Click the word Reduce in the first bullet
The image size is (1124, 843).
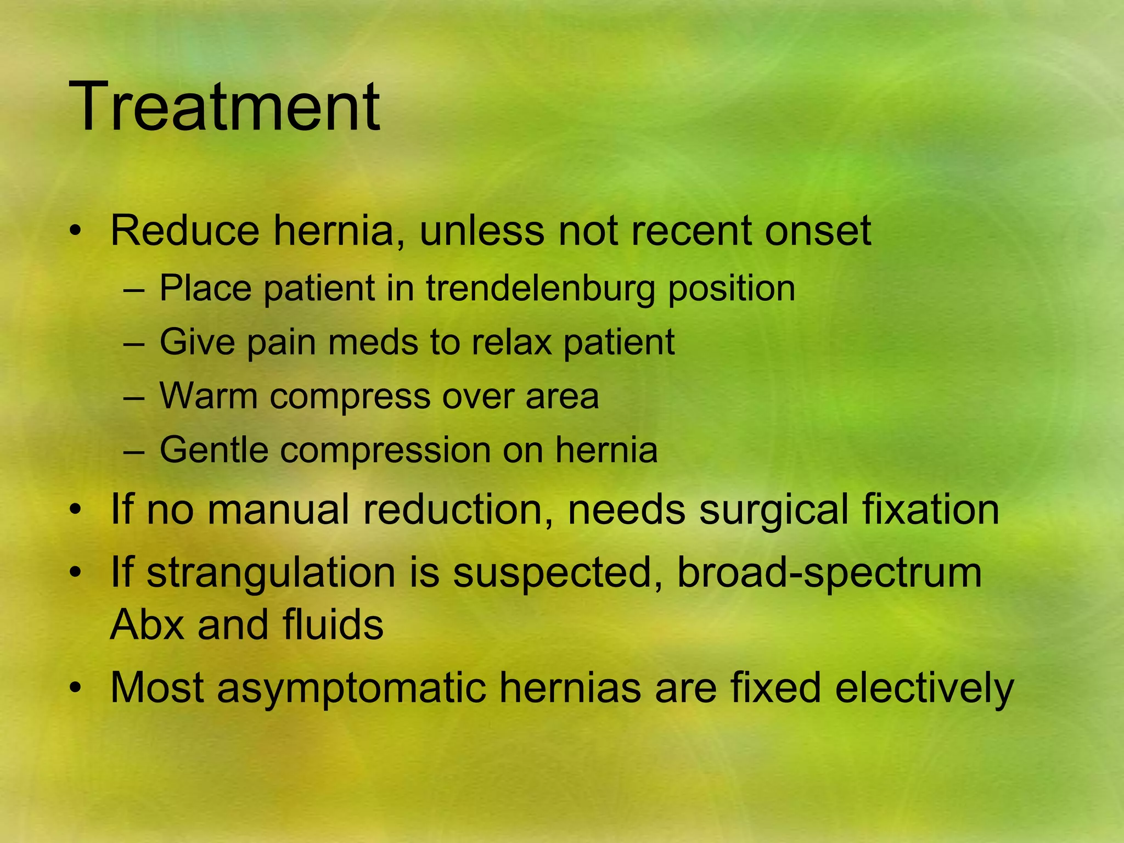tap(184, 231)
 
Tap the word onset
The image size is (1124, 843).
tap(818, 231)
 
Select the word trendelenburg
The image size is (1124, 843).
tap(540, 288)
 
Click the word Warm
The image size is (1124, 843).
tap(209, 396)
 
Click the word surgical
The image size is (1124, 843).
tap(774, 509)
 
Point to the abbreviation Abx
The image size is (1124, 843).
tap(147, 625)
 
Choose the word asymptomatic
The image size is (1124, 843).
tap(351, 689)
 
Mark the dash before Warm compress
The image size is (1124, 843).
tap(134, 396)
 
